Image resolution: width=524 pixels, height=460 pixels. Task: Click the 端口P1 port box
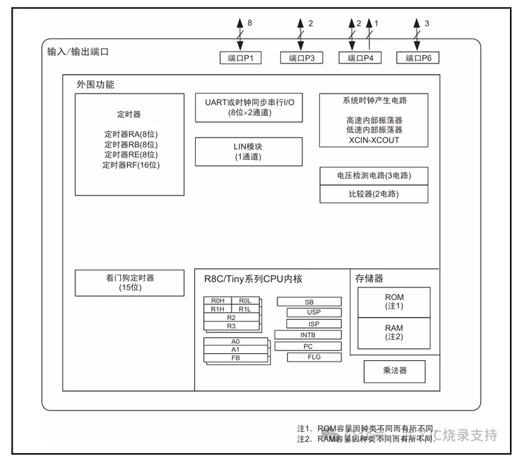click(240, 58)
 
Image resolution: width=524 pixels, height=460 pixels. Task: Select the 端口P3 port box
click(301, 58)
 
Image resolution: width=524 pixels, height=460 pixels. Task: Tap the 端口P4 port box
click(360, 58)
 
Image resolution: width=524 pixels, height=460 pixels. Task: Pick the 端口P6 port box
click(418, 58)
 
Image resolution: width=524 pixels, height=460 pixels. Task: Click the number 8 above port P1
click(249, 23)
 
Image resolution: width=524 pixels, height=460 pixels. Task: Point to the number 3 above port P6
click(427, 23)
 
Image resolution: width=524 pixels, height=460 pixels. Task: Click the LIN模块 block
click(248, 151)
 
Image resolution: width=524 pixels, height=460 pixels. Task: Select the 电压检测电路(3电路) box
click(373, 176)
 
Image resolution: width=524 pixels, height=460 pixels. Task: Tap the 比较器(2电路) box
click(373, 193)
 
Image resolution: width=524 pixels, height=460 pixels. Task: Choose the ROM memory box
click(394, 302)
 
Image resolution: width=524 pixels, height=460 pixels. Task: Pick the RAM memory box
click(394, 332)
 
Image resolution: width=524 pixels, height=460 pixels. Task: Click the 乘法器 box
click(394, 371)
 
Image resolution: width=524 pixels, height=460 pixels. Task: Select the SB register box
click(309, 302)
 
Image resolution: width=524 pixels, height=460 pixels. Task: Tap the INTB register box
click(308, 335)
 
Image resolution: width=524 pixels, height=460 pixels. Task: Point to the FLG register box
click(314, 357)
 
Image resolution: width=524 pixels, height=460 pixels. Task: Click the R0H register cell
click(217, 301)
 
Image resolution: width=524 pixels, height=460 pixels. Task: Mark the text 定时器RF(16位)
click(131, 165)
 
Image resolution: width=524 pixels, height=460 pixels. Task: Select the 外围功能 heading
click(95, 84)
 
